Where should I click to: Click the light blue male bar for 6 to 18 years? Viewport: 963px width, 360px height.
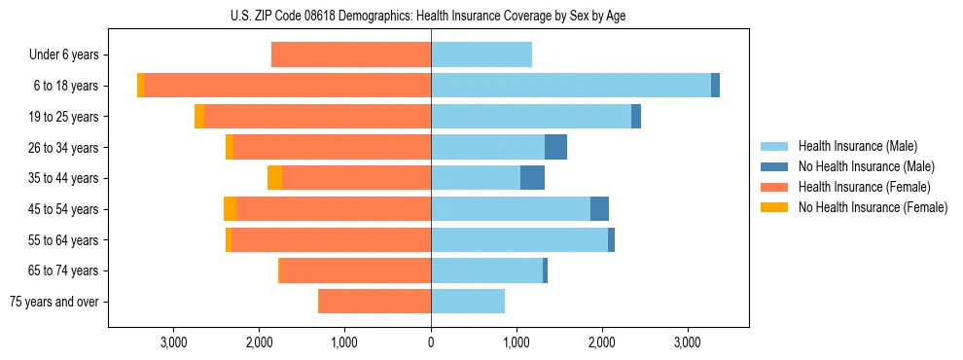pos(571,86)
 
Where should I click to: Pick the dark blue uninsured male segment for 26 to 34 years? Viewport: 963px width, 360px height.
pos(555,147)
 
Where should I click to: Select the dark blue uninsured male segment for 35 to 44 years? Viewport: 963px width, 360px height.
pos(532,178)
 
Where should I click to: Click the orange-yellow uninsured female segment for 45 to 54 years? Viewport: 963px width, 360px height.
pos(230,209)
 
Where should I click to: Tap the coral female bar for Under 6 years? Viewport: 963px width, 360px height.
pos(351,55)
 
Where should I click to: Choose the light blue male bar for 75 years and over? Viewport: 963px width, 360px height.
pos(468,302)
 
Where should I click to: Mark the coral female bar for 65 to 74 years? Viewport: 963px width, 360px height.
pos(355,270)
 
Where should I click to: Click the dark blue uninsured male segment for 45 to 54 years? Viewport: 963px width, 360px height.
pos(599,209)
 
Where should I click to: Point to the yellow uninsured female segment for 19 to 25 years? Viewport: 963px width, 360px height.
pos(199,117)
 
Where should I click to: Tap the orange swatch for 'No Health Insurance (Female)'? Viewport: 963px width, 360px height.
pos(774,207)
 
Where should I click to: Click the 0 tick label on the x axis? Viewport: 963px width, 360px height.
pos(431,342)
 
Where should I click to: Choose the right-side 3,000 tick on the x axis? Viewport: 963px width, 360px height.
pos(688,342)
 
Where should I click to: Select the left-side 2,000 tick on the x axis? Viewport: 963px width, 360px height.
pos(260,342)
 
